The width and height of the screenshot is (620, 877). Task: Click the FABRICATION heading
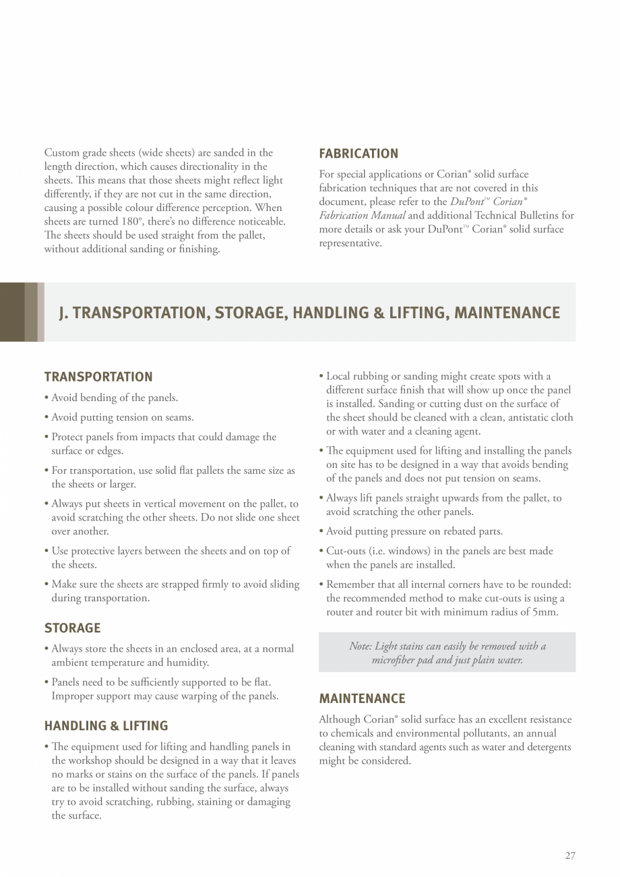point(359,154)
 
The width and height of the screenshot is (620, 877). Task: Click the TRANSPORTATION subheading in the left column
point(98,377)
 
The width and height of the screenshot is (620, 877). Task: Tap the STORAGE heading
point(72,628)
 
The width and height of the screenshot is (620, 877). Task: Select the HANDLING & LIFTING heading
point(106,726)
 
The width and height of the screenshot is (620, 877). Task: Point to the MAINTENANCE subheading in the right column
point(362,699)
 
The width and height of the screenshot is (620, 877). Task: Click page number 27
point(570,856)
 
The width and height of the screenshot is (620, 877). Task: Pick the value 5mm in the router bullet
point(545,612)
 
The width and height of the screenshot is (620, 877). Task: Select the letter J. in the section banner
point(65,313)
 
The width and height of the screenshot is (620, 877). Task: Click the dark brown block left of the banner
point(12,312)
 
